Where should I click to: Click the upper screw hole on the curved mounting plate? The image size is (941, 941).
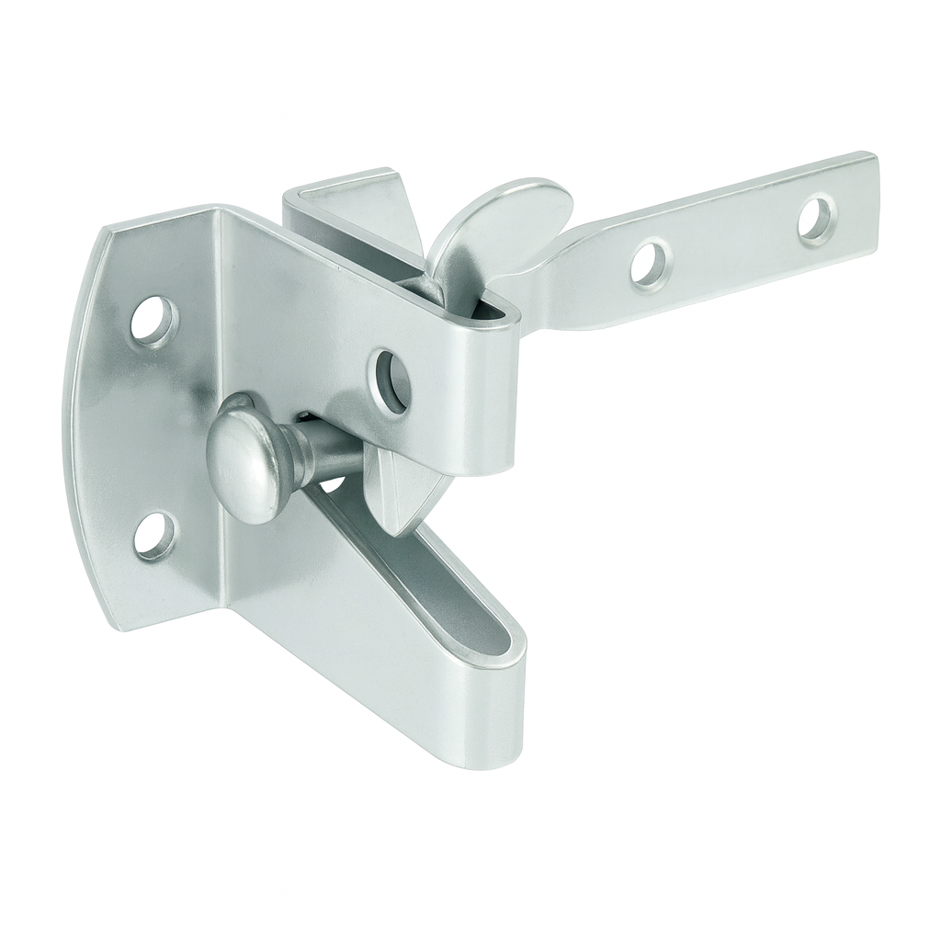click(x=154, y=322)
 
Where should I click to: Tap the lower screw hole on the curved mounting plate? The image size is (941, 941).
click(x=154, y=535)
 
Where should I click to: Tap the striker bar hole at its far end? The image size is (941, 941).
click(x=817, y=221)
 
